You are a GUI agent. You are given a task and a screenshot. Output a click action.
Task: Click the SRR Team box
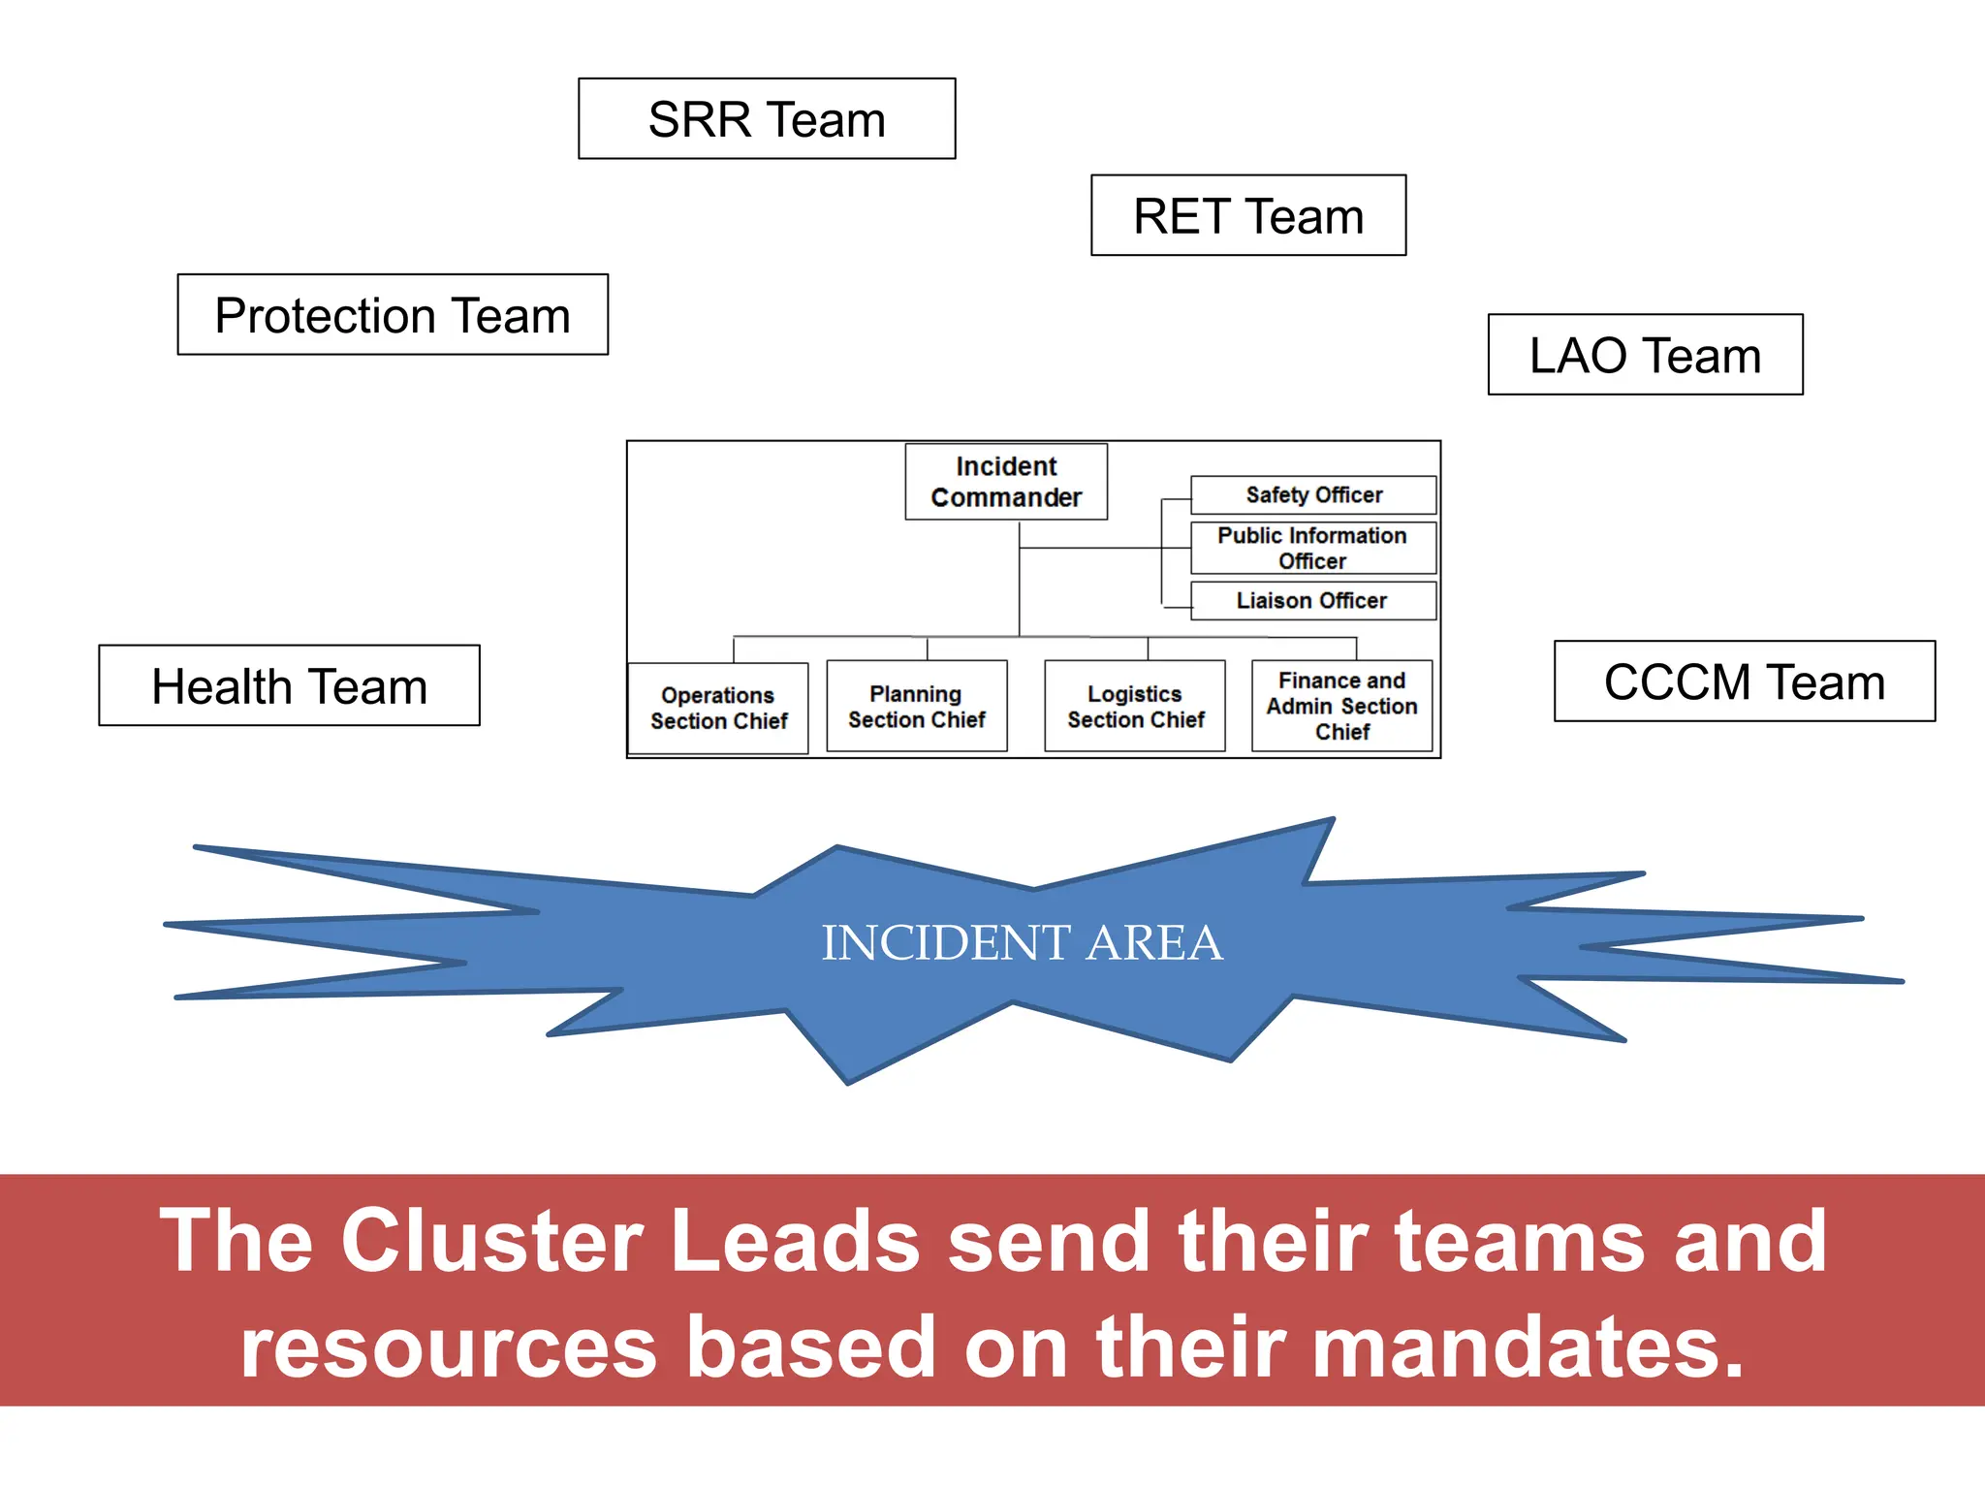(x=767, y=119)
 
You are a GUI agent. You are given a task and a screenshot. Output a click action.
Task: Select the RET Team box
(x=1248, y=215)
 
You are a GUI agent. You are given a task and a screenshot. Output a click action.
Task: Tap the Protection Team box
(x=393, y=315)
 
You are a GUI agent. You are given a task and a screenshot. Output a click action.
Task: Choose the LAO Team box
(x=1645, y=355)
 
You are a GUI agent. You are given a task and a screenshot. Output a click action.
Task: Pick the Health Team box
(x=289, y=685)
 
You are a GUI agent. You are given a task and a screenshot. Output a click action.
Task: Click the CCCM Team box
(x=1744, y=681)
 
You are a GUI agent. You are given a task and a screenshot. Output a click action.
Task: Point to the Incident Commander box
(x=1006, y=482)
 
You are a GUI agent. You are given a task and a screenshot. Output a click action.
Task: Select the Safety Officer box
(x=1313, y=494)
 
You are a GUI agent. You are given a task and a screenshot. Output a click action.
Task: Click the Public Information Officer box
(x=1312, y=548)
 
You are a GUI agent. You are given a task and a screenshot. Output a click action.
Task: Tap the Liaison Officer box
(x=1312, y=600)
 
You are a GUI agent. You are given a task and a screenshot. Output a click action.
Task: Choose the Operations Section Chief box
(x=718, y=708)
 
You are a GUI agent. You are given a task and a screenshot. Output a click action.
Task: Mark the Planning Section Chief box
(x=916, y=706)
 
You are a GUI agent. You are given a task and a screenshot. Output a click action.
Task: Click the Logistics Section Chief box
(x=1135, y=706)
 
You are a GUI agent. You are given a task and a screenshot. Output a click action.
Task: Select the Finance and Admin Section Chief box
(x=1341, y=706)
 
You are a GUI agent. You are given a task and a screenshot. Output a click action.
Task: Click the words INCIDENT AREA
(x=1022, y=942)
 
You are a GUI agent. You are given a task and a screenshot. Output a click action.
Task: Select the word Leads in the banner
(x=795, y=1241)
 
